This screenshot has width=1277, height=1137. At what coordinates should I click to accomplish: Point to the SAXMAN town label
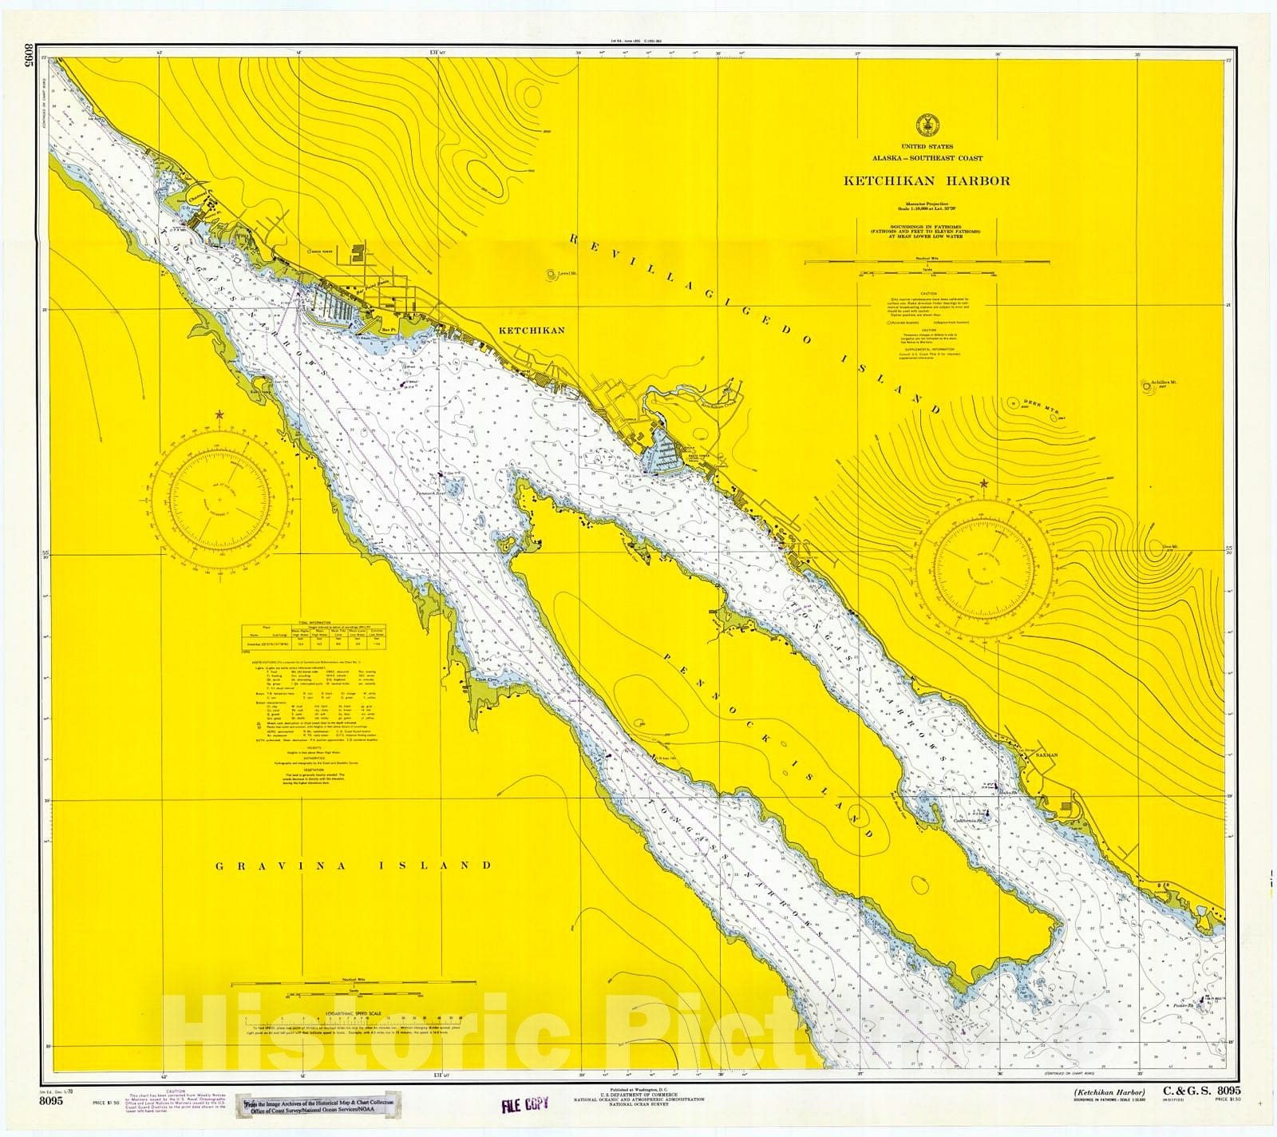(x=1046, y=754)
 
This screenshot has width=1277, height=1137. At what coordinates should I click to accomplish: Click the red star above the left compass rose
(x=219, y=415)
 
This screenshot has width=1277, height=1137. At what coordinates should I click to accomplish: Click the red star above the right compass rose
(x=983, y=484)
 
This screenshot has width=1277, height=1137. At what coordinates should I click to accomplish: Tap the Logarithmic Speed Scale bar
(x=334, y=1018)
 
